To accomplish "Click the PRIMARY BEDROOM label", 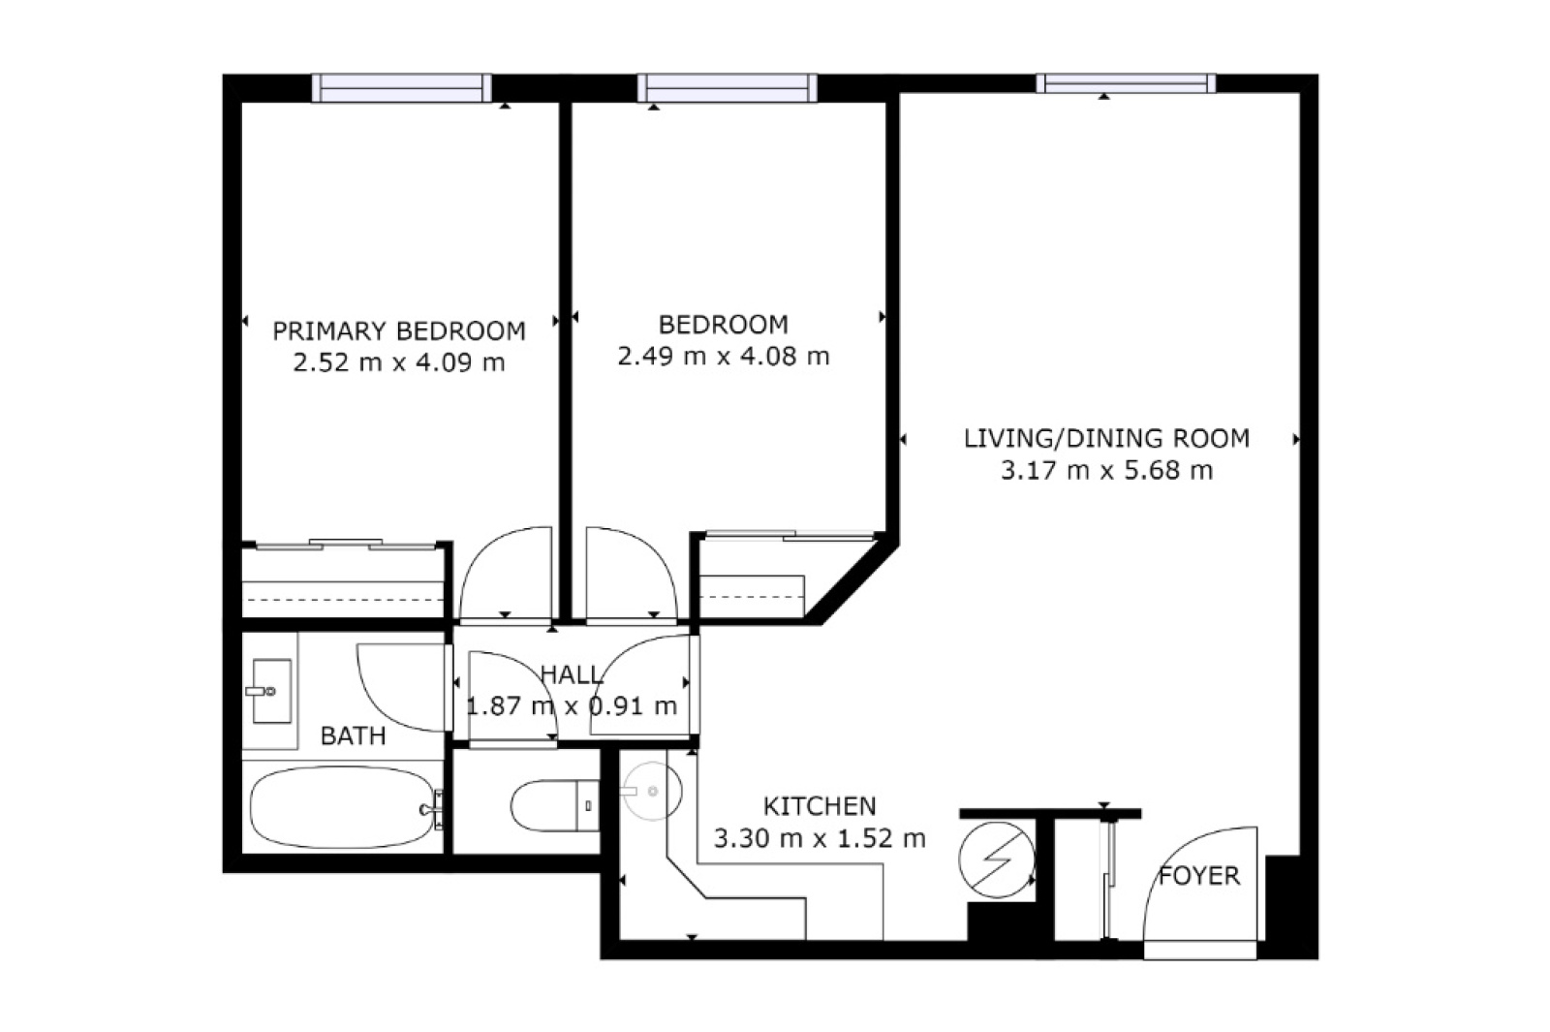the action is (x=398, y=330).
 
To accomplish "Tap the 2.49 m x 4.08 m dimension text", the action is (x=723, y=357).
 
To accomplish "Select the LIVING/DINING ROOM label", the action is (x=1106, y=439).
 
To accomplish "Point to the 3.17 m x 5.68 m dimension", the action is (x=1106, y=471).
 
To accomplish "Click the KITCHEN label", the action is (x=820, y=806).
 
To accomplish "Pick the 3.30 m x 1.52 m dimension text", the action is (x=820, y=839).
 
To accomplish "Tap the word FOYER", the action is (x=1199, y=876).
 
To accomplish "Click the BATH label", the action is (x=353, y=735).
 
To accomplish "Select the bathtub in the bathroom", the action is (x=344, y=808).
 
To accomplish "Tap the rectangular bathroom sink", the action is (x=270, y=691).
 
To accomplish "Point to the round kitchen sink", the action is (x=651, y=791).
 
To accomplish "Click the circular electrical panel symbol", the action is (x=997, y=860).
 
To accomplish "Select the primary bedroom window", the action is (x=401, y=88).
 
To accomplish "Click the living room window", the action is (x=1126, y=83).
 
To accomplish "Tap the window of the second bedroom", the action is (x=727, y=88).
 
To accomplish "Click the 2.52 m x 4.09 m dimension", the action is (x=398, y=362).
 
